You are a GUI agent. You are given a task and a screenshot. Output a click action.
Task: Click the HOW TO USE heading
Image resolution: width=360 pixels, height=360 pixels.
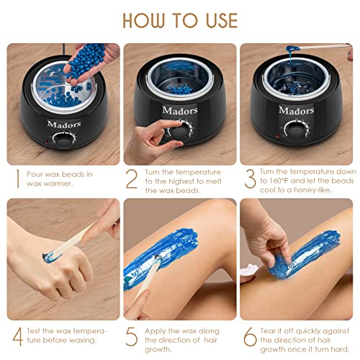click(179, 19)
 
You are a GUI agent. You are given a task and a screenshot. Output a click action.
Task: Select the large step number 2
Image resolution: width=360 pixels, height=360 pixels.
click(131, 179)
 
